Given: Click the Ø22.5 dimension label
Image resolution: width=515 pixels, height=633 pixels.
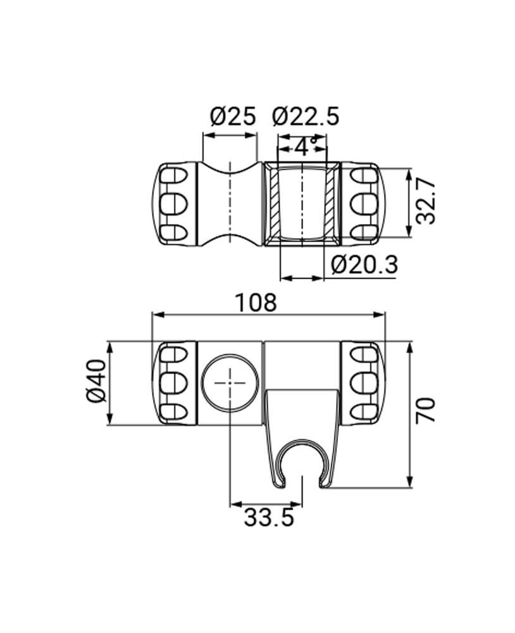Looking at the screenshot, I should (x=306, y=116).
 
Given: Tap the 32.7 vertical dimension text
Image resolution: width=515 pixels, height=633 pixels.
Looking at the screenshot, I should (x=426, y=201).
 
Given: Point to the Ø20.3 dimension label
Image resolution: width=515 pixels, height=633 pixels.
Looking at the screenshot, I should (x=364, y=264).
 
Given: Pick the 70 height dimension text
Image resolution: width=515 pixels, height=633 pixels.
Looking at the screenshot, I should (x=426, y=411).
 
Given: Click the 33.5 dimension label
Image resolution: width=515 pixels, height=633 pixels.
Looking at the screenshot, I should (x=269, y=518).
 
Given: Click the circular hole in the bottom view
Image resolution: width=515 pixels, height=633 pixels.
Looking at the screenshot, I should (x=230, y=383).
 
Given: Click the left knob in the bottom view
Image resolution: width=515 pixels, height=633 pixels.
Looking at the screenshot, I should (x=175, y=383).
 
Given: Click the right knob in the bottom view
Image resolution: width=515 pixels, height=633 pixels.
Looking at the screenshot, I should (x=363, y=383).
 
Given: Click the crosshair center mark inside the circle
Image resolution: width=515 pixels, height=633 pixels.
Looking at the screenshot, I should (x=230, y=383).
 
